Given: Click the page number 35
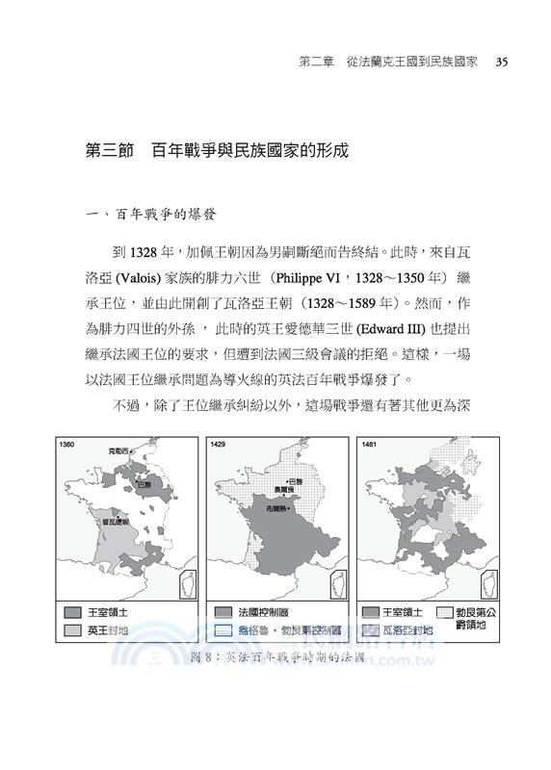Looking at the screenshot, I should (x=501, y=63).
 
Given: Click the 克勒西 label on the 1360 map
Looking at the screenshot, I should (x=118, y=449).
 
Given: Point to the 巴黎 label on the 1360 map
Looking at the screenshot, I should (x=145, y=483).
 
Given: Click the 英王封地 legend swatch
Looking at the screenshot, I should (x=72, y=630).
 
